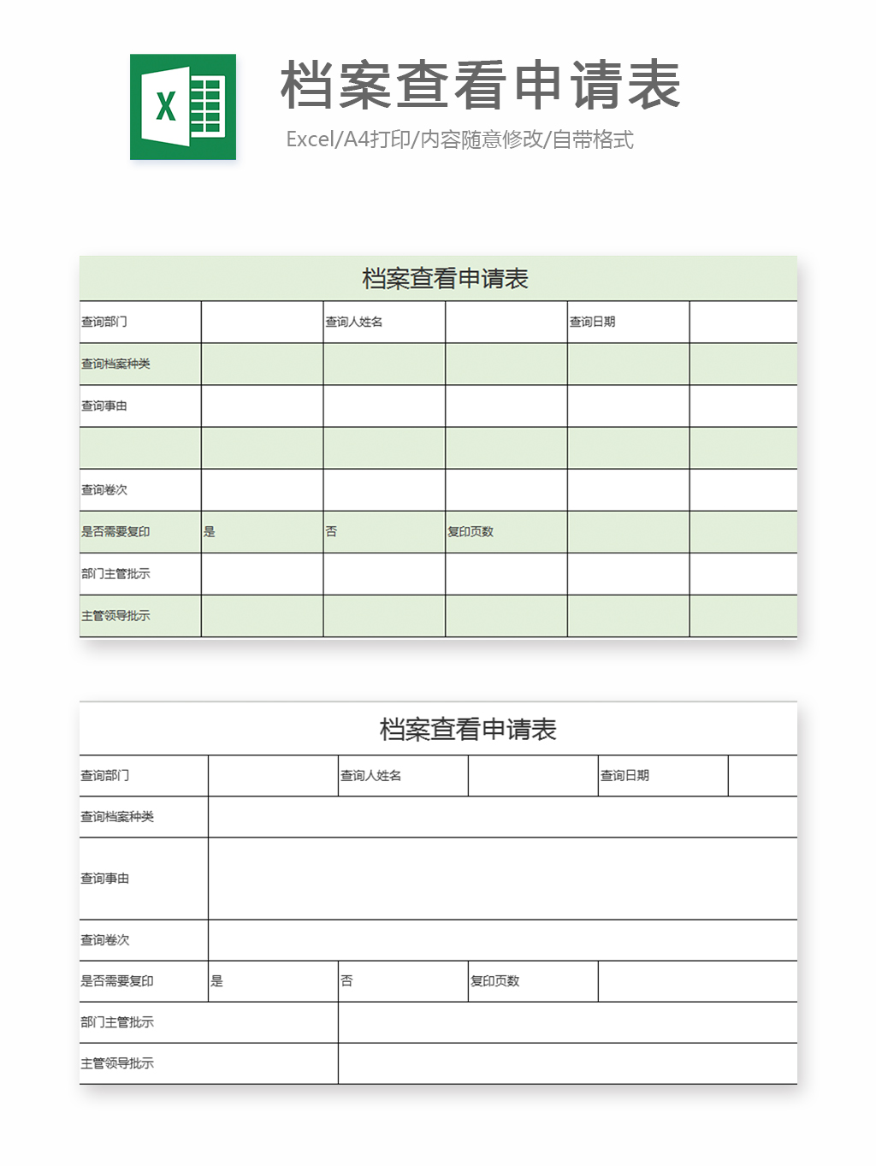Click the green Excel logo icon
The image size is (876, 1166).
pos(182,107)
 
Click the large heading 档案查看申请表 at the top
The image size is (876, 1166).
pos(480,85)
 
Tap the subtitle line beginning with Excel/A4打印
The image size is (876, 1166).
pos(459,139)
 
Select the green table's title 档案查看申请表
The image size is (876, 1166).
pos(445,279)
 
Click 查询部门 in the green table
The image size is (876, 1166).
pos(104,322)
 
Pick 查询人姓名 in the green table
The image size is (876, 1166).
pos(354,322)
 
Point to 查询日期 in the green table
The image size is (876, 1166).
pos(592,322)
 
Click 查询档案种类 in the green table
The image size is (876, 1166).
pos(115,364)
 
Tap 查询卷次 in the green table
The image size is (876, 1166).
pos(104,490)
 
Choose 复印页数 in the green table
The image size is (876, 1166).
pos(471,531)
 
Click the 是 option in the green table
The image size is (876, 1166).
pos(210,531)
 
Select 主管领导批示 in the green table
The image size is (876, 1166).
pos(115,616)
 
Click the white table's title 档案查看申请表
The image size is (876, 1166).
pos(468,730)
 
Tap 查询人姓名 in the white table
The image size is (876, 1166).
pos(370,776)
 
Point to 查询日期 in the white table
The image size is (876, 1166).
pos(624,776)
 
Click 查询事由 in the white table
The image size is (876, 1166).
pos(105,879)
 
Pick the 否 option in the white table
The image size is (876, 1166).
pos(346,981)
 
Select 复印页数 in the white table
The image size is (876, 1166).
pos(494,981)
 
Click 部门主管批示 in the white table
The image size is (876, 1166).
pos(117,1022)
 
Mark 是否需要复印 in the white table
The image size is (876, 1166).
pos(117,981)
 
